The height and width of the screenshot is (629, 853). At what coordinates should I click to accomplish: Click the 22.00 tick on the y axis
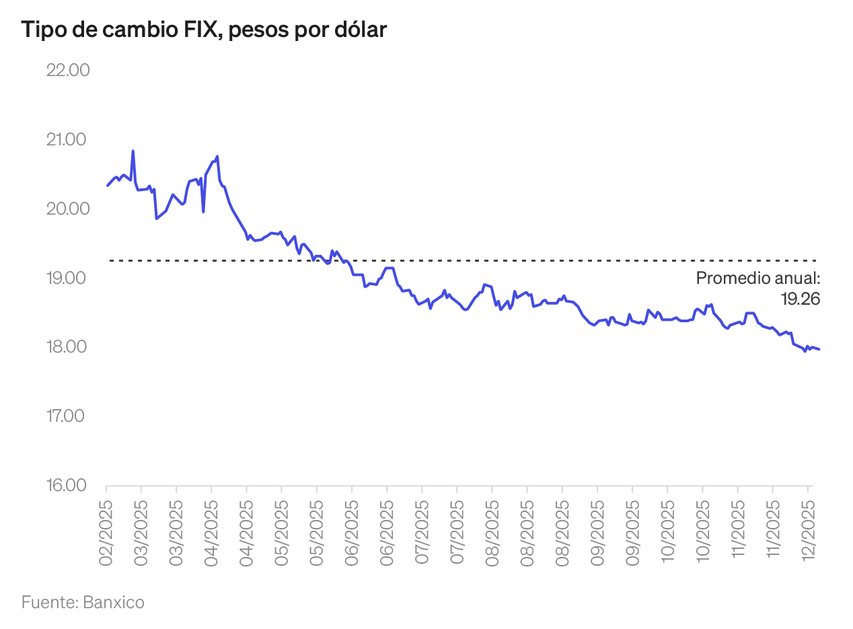tap(67, 70)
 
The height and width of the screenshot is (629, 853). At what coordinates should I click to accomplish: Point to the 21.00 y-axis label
tap(67, 139)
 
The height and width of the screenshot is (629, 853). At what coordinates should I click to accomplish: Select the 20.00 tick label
tap(67, 209)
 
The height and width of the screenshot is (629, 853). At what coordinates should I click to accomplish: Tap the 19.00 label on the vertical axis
tap(67, 278)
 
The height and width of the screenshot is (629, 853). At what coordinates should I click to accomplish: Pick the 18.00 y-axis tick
tap(67, 347)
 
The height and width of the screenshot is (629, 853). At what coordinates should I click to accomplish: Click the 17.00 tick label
tap(67, 416)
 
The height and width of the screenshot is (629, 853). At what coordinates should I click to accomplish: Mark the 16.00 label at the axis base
tap(67, 485)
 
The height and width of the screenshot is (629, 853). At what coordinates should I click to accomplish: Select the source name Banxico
tap(114, 601)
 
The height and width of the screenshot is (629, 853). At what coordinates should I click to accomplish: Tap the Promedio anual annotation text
tap(758, 278)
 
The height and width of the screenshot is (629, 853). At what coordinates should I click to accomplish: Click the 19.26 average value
tap(800, 299)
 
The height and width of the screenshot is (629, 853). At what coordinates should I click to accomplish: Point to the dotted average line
tap(471, 260)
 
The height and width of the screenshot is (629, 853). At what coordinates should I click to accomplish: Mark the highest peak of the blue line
tap(133, 151)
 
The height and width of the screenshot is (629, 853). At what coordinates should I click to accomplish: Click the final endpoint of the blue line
tap(819, 348)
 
